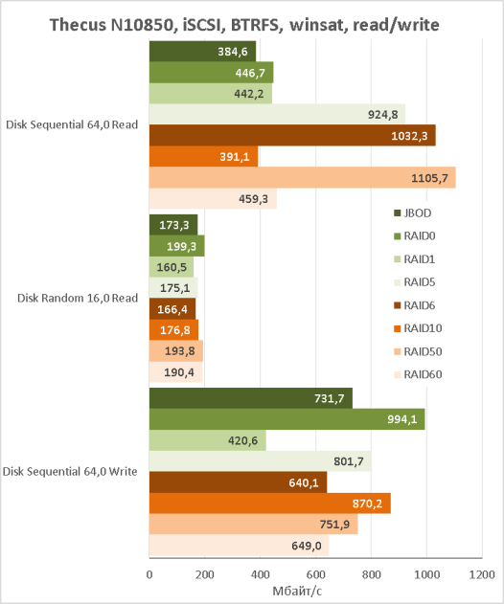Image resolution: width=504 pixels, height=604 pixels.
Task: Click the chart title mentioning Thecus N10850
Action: (244, 25)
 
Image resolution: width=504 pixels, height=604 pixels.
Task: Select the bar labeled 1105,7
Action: (303, 178)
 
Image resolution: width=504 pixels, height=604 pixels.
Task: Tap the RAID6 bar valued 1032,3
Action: (292, 136)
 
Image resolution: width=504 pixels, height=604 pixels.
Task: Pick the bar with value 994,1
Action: (286, 419)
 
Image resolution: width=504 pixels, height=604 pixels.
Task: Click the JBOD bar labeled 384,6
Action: (202, 52)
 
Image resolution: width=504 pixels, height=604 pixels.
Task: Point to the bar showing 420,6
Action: (208, 440)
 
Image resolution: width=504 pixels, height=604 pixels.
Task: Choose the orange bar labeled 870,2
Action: (270, 503)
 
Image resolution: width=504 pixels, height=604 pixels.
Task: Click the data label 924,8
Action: (383, 115)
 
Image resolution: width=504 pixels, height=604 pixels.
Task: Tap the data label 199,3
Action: (181, 246)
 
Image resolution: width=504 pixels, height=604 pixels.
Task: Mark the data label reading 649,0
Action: (307, 546)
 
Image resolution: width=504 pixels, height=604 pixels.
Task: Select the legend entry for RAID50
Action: (418, 351)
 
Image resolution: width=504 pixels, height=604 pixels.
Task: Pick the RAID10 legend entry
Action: (418, 328)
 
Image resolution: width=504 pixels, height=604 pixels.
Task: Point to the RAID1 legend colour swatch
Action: (398, 259)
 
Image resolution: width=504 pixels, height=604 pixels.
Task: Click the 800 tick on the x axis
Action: (371, 574)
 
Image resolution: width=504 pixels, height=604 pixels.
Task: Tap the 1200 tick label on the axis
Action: (482, 574)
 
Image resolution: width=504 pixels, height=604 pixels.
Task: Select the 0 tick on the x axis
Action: (149, 574)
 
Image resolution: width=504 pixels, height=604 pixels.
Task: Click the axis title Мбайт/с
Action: (297, 591)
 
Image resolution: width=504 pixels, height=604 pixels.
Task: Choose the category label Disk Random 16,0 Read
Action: (78, 298)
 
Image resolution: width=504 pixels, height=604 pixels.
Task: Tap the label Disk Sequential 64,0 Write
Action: (70, 472)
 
